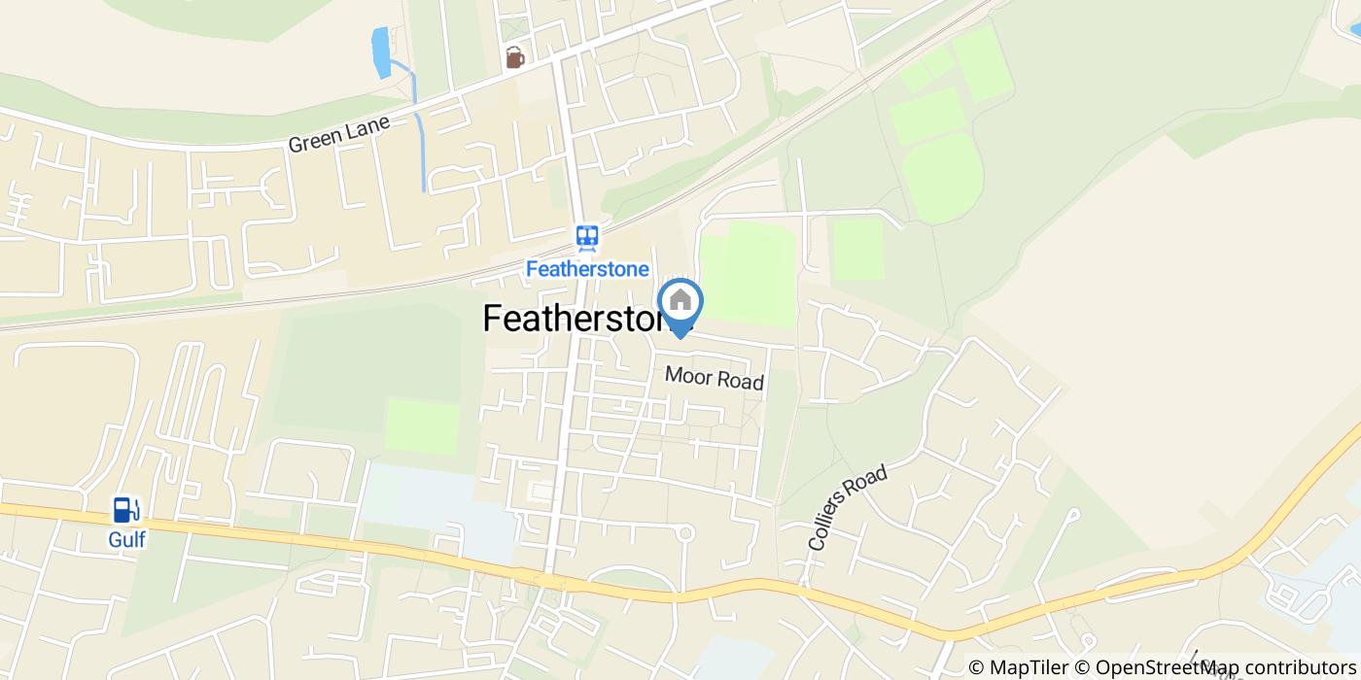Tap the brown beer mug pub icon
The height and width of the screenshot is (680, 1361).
tap(514, 58)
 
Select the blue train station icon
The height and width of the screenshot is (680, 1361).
tap(586, 238)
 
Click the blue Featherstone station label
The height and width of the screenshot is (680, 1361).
tap(587, 268)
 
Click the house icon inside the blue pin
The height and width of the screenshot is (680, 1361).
tap(680, 300)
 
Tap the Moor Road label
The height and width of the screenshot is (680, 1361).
tap(715, 378)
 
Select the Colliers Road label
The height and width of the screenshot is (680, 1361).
tap(848, 509)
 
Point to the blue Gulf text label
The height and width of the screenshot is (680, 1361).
tap(126, 539)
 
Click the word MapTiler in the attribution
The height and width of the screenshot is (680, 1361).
tap(1029, 667)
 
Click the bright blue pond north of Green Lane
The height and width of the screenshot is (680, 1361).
tap(381, 52)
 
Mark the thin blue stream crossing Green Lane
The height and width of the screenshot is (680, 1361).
tap(420, 146)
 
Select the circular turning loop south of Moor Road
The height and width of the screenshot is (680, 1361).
tap(684, 532)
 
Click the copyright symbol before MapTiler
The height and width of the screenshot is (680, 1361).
tap(976, 667)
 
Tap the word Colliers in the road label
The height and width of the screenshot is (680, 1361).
tap(833, 526)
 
